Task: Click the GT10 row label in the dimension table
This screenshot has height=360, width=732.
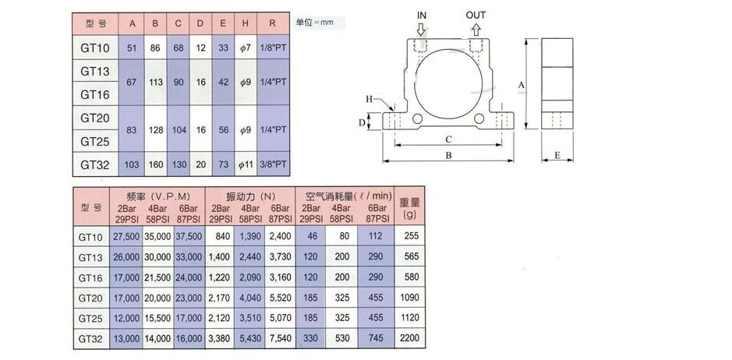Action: click(x=95, y=48)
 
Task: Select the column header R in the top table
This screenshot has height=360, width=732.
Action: click(x=273, y=24)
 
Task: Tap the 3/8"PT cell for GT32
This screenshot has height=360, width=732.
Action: click(x=273, y=164)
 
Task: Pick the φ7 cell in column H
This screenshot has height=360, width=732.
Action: click(x=246, y=48)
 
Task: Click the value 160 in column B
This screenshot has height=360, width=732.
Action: click(x=155, y=164)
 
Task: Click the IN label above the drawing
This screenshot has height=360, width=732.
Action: click(x=422, y=16)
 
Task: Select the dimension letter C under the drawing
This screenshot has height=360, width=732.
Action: click(x=448, y=139)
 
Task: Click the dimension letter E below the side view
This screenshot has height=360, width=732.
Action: click(x=557, y=156)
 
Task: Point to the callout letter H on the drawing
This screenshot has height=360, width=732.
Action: click(x=369, y=99)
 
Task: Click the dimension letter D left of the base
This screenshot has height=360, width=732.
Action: click(x=362, y=123)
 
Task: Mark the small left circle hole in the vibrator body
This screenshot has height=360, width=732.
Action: click(x=417, y=119)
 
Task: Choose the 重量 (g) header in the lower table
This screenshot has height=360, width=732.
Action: click(x=409, y=209)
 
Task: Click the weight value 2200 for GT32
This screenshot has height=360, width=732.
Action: click(x=409, y=338)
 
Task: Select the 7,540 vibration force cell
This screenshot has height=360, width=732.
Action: click(x=280, y=338)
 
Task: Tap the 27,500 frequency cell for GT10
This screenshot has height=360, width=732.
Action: click(x=126, y=236)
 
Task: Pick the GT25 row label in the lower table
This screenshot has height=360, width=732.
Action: click(x=90, y=318)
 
